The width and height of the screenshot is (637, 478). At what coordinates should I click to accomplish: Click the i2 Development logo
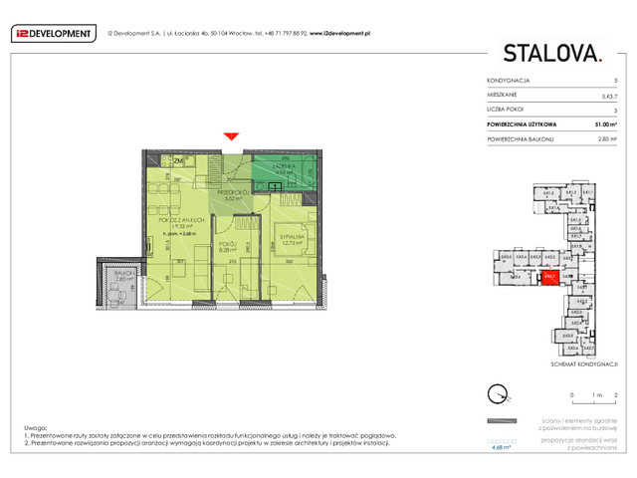pos(52,33)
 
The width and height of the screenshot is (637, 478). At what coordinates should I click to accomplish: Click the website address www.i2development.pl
pos(339,33)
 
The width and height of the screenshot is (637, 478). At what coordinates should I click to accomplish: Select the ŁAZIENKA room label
pos(284,166)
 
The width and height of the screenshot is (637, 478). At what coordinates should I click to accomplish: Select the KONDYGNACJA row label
pos(509,79)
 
